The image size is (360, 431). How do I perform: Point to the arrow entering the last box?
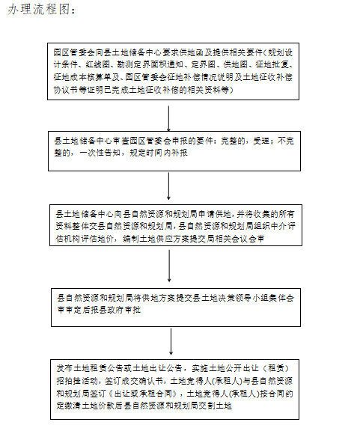click(x=171, y=340)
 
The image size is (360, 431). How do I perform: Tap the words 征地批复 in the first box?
click(x=274, y=64)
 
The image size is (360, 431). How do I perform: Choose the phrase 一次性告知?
click(x=102, y=152)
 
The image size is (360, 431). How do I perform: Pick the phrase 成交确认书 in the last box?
click(x=145, y=380)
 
